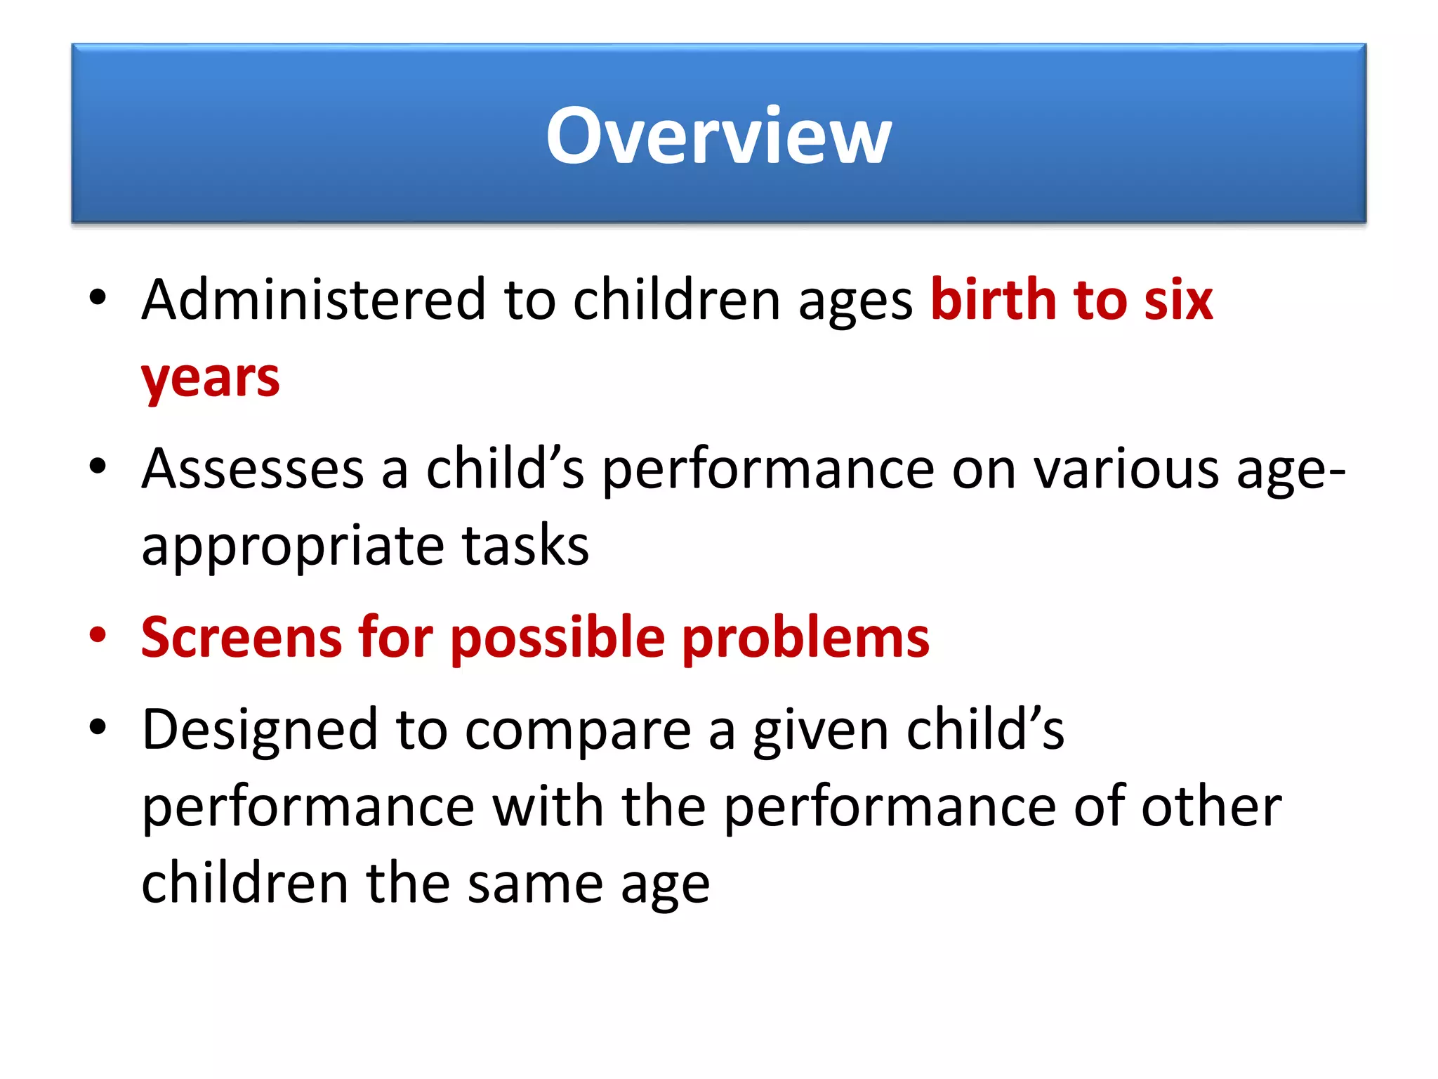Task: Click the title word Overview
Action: tap(718, 135)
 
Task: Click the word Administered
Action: tap(313, 300)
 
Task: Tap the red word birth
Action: tap(993, 300)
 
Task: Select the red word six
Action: tap(1178, 300)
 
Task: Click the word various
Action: tap(1127, 469)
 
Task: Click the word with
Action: tap(548, 806)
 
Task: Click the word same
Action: tap(535, 884)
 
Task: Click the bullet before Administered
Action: tap(98, 298)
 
